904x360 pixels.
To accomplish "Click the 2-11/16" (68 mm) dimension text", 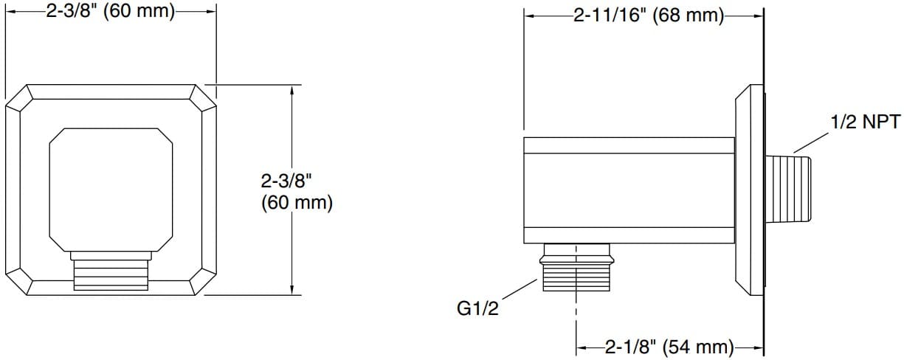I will coord(649,15).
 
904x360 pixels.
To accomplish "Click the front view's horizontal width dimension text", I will coord(110,13).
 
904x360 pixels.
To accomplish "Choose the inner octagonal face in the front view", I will coord(111,188).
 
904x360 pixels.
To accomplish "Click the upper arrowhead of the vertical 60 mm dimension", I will coord(293,90).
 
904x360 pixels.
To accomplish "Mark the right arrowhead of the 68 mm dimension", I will coord(759,15).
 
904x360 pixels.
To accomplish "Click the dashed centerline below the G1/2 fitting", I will coord(576,317).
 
